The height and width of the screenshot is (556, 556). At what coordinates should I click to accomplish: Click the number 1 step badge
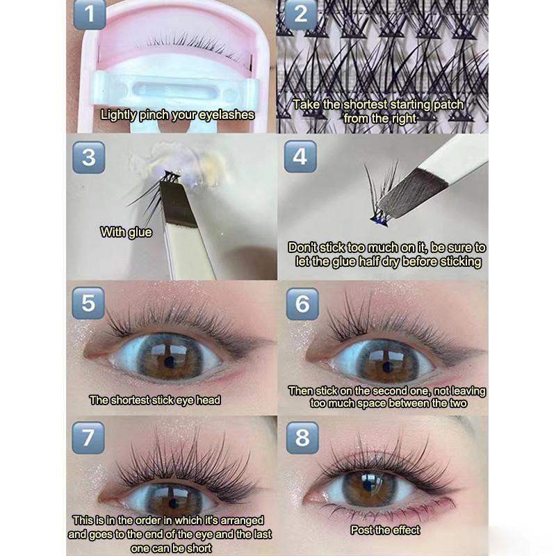90,14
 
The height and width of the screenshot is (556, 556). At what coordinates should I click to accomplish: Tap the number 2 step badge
301,14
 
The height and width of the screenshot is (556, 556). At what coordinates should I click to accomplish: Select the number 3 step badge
89,157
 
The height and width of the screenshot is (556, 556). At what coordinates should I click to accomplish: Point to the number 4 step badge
300,156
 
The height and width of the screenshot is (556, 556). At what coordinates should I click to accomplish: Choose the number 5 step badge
88,303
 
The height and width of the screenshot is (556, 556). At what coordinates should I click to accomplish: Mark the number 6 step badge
302,304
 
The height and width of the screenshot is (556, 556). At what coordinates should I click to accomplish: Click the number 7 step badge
88,438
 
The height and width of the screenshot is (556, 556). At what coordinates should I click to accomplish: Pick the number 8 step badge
302,438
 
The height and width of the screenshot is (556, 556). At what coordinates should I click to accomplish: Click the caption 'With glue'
126,232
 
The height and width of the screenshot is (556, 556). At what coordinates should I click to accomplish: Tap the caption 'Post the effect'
385,530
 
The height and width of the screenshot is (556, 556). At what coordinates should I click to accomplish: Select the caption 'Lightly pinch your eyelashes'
177,115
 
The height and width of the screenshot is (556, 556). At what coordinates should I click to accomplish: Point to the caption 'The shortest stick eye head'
155,400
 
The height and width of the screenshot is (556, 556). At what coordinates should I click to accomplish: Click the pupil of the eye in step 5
171,362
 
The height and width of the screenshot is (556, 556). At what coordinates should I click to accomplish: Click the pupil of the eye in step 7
173,503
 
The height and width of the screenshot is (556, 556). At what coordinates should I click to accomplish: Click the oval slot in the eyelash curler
174,90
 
